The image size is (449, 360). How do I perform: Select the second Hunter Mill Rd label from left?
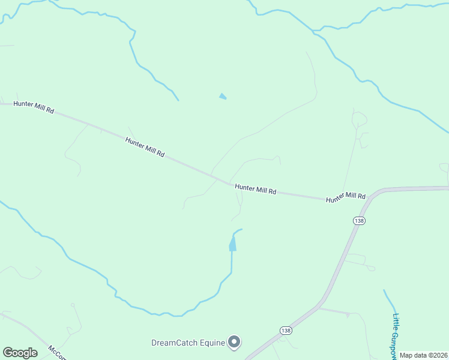(x=145, y=147)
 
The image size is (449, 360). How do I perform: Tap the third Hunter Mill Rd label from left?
(x=255, y=189)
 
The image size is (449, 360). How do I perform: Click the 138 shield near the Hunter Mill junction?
(x=359, y=221)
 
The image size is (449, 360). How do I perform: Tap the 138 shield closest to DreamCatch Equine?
(x=285, y=331)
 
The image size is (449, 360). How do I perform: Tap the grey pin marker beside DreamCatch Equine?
(x=235, y=342)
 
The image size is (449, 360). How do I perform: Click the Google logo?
(x=20, y=353)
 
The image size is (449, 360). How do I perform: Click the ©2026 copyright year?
(x=439, y=355)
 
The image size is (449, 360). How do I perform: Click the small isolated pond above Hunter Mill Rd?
(x=223, y=96)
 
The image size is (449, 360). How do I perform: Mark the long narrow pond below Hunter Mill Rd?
(x=232, y=244)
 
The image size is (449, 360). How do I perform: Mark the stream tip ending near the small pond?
(x=177, y=99)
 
